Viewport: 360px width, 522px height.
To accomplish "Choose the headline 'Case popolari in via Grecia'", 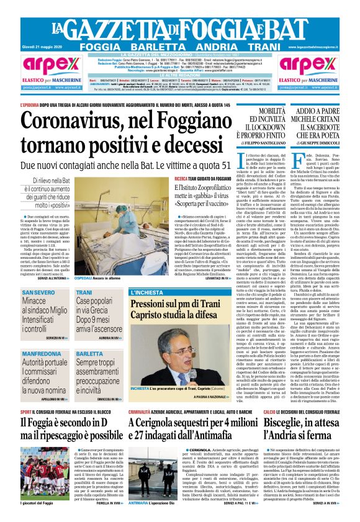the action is point(99,305).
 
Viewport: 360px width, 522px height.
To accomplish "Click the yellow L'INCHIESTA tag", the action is point(145,291).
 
